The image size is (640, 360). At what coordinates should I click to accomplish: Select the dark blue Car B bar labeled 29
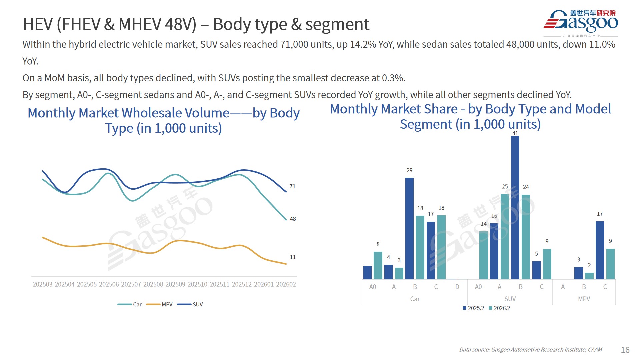(409, 228)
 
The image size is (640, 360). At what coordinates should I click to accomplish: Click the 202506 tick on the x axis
(109, 284)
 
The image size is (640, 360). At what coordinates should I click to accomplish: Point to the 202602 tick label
(286, 284)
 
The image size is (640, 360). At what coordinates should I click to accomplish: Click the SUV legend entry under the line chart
(190, 304)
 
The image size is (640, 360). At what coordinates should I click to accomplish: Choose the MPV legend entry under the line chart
(160, 304)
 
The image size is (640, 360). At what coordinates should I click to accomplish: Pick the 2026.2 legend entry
(499, 308)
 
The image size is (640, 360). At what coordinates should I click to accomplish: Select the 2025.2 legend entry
(473, 308)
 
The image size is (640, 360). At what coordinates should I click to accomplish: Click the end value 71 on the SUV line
(292, 186)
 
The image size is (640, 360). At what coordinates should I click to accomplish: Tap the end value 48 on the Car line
(293, 219)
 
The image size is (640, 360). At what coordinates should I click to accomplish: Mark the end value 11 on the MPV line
(293, 257)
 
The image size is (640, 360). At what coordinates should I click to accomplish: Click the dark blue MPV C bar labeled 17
(600, 250)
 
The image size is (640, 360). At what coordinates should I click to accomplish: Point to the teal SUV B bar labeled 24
(526, 237)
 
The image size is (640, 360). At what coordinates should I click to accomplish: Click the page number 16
(625, 350)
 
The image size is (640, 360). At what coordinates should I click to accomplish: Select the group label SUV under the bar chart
(510, 299)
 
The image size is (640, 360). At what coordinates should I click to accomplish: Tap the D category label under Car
(457, 287)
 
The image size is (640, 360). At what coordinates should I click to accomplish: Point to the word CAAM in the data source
(595, 350)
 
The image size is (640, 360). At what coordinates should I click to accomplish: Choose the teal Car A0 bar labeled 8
(378, 265)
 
